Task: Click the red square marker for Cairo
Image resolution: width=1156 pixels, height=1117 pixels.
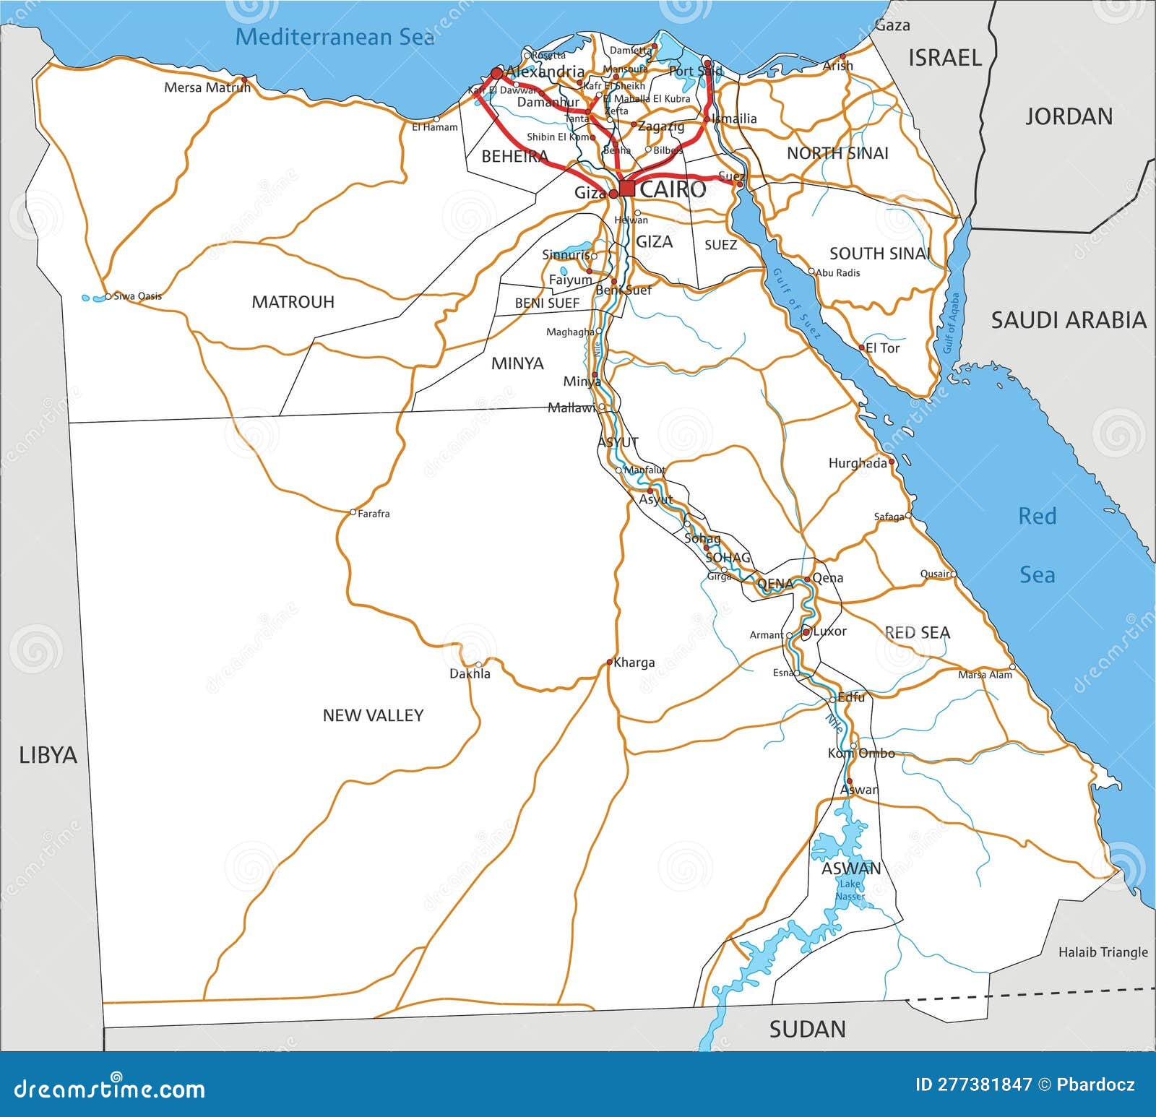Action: tap(627, 189)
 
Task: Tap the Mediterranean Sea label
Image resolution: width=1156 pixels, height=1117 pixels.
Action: tap(335, 36)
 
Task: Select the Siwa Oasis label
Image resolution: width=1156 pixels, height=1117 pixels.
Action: tap(137, 296)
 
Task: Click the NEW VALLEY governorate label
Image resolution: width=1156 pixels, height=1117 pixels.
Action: tap(373, 715)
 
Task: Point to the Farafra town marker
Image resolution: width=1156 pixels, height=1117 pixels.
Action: tap(353, 512)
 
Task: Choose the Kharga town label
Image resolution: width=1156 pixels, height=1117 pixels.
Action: tap(634, 663)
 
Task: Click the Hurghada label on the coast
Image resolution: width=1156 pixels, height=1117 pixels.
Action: tap(858, 463)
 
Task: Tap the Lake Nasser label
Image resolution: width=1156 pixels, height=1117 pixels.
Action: tap(850, 890)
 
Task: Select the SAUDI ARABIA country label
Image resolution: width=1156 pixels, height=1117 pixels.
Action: tap(1068, 320)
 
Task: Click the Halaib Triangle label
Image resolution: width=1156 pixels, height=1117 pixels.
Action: tap(1103, 952)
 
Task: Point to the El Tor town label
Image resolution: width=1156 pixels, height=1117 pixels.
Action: tap(882, 348)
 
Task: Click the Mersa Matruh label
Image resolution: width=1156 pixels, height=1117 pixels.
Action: tap(207, 87)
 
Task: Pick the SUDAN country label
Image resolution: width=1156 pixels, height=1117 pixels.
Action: tap(807, 1029)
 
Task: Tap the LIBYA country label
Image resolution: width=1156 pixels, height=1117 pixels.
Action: tap(48, 755)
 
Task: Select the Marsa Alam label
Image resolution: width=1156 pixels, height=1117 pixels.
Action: tap(985, 675)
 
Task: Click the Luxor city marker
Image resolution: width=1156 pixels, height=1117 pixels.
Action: tap(806, 632)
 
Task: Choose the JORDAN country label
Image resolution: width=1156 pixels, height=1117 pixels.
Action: tap(1069, 116)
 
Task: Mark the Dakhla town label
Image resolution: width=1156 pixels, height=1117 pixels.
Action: tap(470, 674)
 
